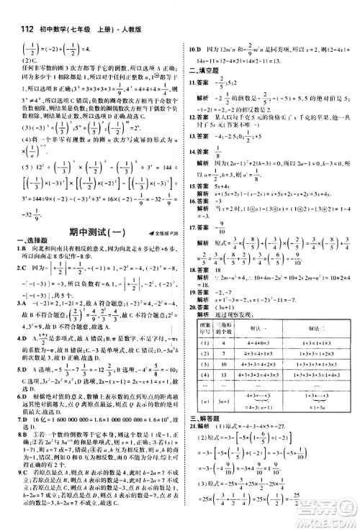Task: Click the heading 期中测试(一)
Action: click(85, 233)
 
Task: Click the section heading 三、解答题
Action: click(203, 437)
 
